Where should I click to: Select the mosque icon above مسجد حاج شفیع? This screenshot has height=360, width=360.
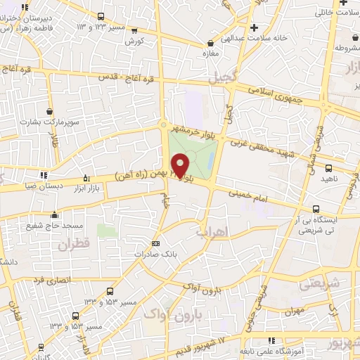coord(54,214)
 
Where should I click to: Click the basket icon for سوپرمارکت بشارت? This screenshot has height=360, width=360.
coord(49,111)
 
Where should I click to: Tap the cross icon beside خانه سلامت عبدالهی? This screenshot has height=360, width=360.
coord(255,28)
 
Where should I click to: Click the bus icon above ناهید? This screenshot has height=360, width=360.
coord(328,168)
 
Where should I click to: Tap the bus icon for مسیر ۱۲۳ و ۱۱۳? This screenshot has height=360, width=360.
coord(101,16)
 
